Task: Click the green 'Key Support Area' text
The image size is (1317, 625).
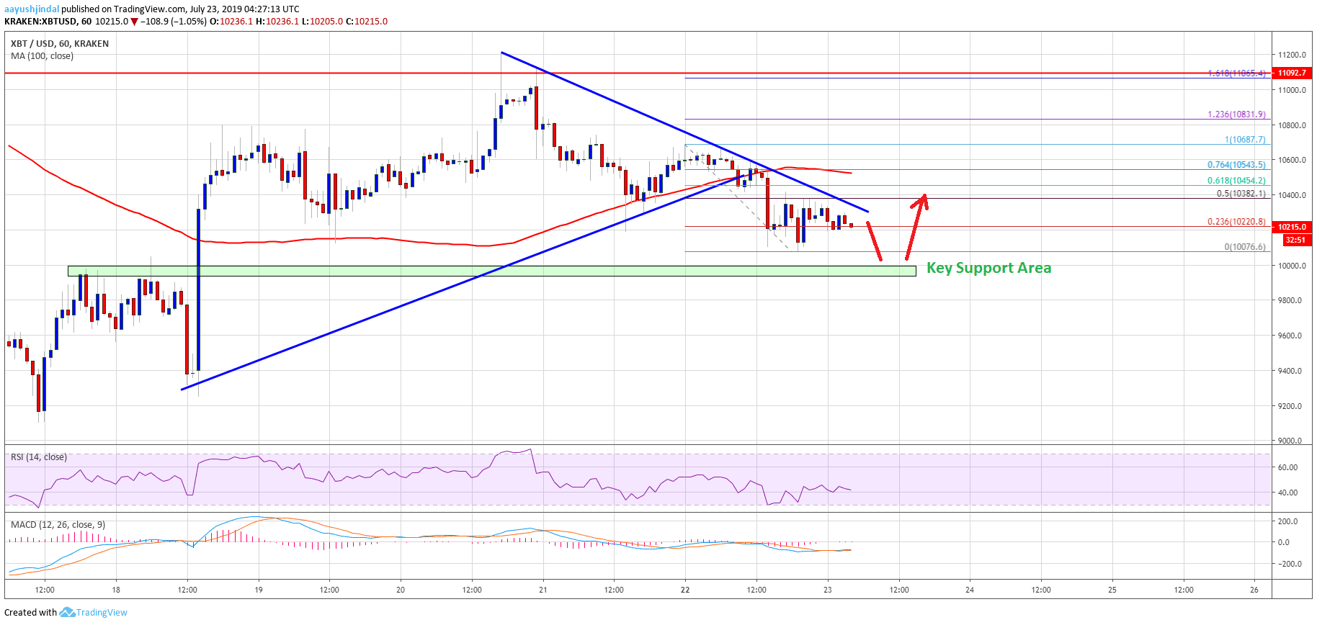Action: click(988, 268)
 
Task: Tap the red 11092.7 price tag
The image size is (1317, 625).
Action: click(1292, 73)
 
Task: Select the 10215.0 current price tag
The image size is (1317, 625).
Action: click(1292, 227)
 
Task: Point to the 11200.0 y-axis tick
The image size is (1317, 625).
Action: click(1292, 55)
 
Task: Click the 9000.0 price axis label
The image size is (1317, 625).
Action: click(1290, 441)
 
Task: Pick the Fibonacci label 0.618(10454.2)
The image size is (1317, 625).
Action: click(1236, 181)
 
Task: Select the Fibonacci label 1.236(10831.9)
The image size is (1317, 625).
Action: click(1236, 114)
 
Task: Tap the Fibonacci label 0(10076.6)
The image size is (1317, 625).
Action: click(1244, 247)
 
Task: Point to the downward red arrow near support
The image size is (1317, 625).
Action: click(874, 242)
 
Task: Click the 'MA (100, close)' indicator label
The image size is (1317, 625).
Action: click(42, 56)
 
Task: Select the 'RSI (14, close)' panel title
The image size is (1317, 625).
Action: click(39, 457)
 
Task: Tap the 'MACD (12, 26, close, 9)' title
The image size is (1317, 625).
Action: click(58, 524)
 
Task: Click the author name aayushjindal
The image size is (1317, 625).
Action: click(31, 9)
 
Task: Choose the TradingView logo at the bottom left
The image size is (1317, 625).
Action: click(94, 612)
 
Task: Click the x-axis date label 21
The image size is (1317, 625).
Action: click(543, 590)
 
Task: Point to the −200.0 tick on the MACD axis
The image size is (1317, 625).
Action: click(1288, 564)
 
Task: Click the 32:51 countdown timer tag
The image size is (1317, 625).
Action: click(1295, 240)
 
